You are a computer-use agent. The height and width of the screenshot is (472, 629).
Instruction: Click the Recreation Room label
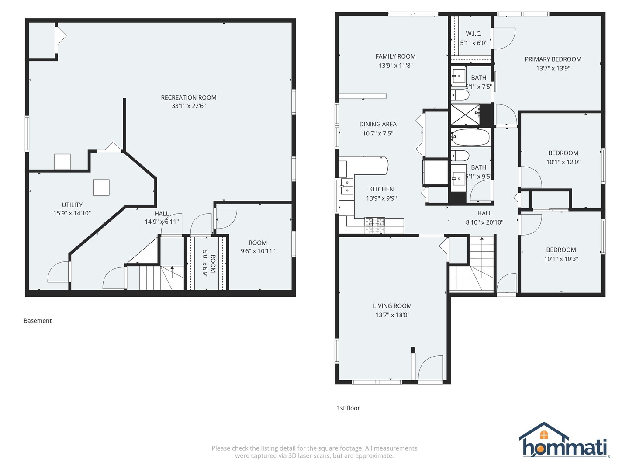pos(189,97)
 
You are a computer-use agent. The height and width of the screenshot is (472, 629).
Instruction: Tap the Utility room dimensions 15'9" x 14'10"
pos(72,213)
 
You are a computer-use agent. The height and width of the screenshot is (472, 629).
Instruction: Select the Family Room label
pos(395,56)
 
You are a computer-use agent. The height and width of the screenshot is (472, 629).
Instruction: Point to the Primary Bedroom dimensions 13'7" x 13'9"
pos(553,68)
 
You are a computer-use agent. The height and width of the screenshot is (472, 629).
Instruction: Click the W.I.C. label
pos(473,34)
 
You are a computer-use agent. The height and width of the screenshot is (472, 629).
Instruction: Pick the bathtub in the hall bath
pos(470,137)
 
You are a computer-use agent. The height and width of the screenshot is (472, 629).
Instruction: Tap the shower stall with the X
pos(465,115)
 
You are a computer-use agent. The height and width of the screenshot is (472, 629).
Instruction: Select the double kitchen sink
pos(346,186)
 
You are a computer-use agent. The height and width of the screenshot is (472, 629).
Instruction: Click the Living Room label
pos(392,306)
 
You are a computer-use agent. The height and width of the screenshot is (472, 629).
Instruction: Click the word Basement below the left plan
pos(38,321)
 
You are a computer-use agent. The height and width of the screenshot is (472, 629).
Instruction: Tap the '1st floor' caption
pos(348,408)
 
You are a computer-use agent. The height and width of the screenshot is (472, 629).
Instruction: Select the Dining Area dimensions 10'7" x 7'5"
pos(378,133)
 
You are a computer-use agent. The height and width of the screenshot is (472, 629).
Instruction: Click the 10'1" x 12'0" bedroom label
pos(563,162)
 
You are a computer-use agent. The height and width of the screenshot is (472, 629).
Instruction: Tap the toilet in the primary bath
pos(460,94)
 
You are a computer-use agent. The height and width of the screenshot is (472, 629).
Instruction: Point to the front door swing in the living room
pos(430,368)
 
